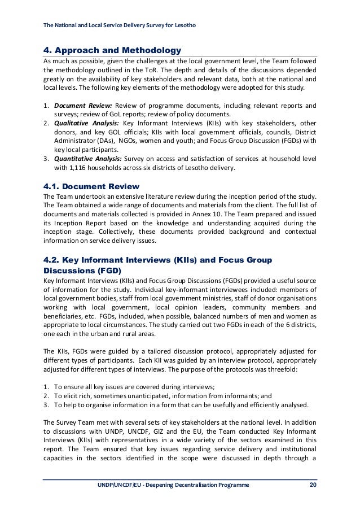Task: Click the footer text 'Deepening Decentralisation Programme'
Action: (192, 485)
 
